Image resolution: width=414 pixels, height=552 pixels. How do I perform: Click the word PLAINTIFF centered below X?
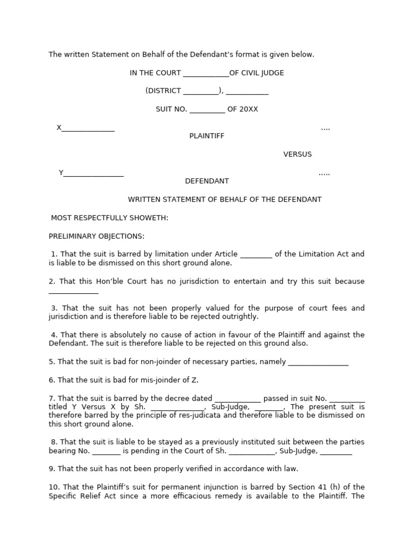click(206, 136)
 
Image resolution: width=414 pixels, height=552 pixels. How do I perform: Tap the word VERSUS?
click(298, 155)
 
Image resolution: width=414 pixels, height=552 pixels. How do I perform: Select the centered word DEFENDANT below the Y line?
click(207, 182)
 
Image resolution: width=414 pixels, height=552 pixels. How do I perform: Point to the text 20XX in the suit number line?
click(249, 109)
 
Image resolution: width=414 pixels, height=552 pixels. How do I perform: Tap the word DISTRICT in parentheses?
click(164, 91)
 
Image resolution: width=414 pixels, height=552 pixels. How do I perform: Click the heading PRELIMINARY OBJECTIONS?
click(96, 237)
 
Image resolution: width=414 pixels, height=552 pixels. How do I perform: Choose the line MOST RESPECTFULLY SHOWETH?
click(109, 218)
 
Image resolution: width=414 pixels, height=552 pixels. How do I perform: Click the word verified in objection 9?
click(201, 469)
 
